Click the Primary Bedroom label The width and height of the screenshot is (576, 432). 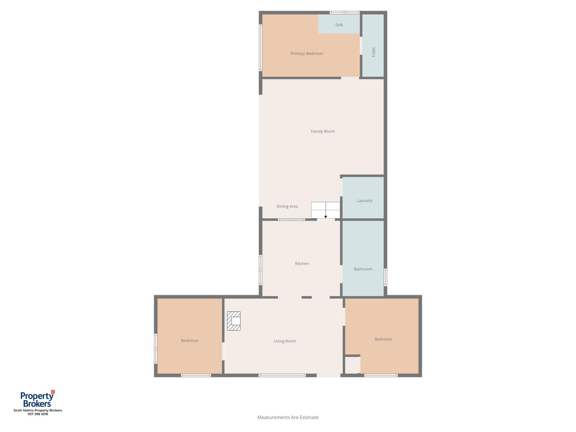[307, 54]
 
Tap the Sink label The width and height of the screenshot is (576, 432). [339, 25]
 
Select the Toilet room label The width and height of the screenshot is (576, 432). [373, 52]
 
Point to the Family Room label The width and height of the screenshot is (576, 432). [323, 131]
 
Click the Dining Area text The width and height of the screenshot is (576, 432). [287, 206]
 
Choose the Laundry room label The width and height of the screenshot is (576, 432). [364, 201]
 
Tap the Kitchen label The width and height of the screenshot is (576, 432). [302, 264]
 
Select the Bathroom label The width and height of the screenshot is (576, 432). [363, 269]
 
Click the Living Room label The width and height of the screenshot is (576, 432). [285, 341]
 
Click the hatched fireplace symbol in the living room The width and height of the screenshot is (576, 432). [234, 321]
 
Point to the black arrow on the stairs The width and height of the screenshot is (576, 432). [325, 217]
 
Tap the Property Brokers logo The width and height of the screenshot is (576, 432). [37, 399]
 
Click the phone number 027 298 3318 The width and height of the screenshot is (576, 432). [37, 414]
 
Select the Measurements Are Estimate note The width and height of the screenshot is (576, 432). [288, 417]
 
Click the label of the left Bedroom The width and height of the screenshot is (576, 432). [190, 341]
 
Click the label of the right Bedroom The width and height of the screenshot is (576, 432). [383, 339]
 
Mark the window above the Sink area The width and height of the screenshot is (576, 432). [345, 13]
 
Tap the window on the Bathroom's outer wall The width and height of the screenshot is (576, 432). [385, 277]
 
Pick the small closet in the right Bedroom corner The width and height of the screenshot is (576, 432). [352, 365]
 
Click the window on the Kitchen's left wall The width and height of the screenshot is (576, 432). [261, 270]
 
